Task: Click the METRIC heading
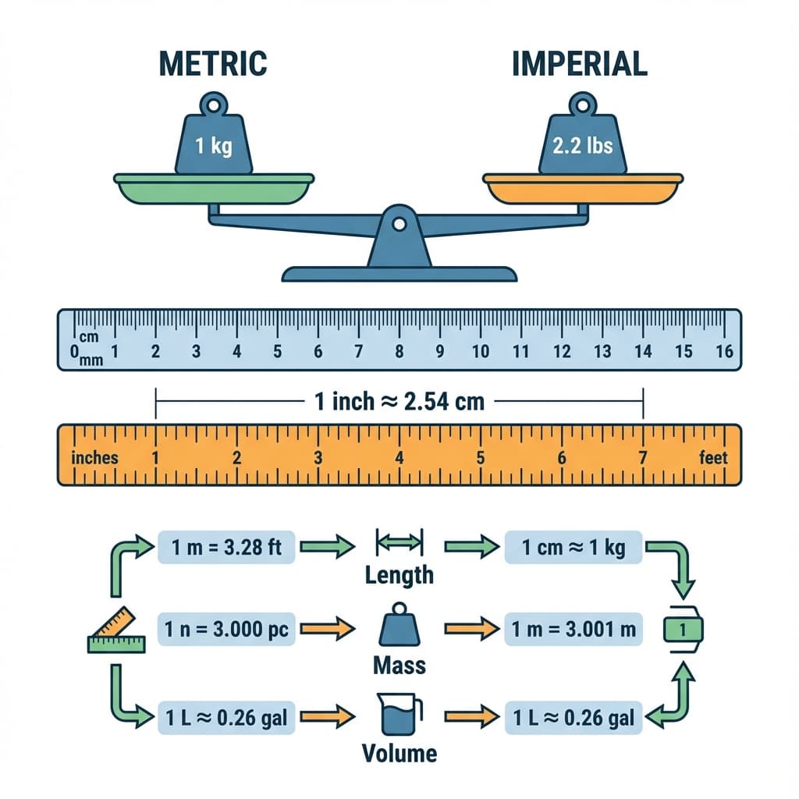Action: [x=212, y=63]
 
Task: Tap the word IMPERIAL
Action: [x=580, y=63]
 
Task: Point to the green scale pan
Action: [x=214, y=189]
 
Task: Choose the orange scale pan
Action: [x=583, y=189]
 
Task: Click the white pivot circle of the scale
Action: [x=399, y=225]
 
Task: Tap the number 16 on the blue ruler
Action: [x=724, y=352]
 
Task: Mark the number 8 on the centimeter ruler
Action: [x=399, y=352]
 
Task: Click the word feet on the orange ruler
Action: [x=713, y=457]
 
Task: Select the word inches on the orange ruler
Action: [x=94, y=457]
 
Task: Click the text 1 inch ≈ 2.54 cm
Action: [x=399, y=402]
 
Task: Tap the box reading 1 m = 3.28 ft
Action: [x=226, y=547]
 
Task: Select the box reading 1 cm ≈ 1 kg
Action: [x=574, y=547]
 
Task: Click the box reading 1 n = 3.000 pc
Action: [x=226, y=628]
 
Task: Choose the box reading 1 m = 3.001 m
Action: [x=574, y=628]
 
